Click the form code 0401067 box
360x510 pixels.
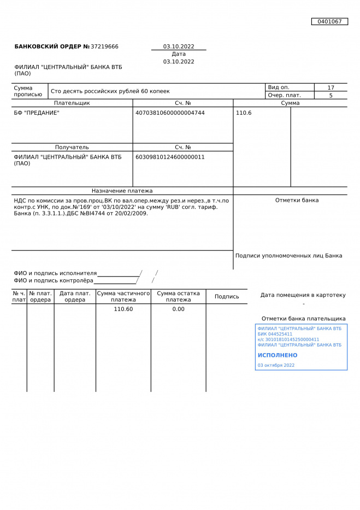329,21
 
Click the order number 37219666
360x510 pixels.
104,46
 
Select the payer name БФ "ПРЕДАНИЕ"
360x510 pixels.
37,113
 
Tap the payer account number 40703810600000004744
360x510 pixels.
170,113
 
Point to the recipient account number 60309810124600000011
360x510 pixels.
170,157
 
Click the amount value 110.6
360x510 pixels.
244,113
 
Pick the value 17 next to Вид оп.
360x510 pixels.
331,87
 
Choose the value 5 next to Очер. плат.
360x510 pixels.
331,95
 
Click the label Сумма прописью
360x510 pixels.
28,91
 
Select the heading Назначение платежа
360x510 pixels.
122,191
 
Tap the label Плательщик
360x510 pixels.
72,103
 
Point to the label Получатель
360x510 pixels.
72,147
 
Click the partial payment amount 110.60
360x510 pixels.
123,309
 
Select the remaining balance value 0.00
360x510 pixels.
178,309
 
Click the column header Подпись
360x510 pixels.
227,296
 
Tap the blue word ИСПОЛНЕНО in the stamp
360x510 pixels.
278,355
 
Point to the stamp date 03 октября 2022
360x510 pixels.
276,365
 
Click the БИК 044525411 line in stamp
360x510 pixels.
275,334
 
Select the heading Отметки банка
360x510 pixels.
297,200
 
